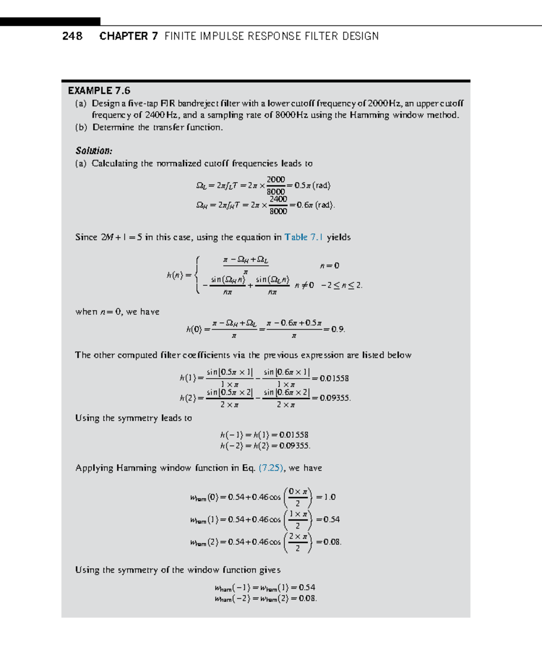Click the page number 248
click(72, 36)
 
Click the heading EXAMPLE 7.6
click(99, 90)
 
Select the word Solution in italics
click(93, 151)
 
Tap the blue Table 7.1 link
click(304, 237)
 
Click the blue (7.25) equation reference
click(271, 468)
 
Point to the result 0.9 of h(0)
click(338, 329)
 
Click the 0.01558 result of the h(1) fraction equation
click(334, 378)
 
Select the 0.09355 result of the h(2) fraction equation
click(335, 398)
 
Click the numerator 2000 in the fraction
click(276, 179)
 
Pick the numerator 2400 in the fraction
click(278, 199)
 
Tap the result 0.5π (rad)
click(312, 185)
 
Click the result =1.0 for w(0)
click(326, 497)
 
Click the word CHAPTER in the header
click(123, 36)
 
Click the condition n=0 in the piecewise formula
click(330, 266)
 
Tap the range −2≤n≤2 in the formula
click(341, 285)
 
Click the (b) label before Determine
click(81, 127)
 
